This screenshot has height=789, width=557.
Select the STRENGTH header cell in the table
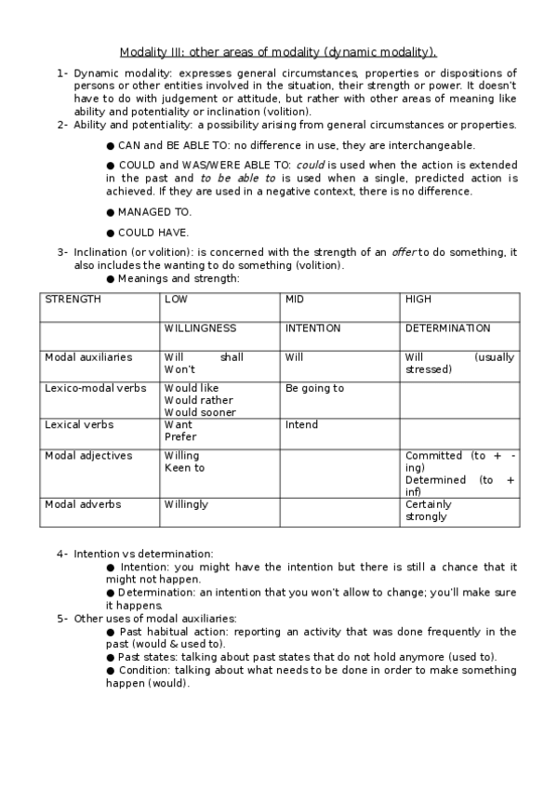73,300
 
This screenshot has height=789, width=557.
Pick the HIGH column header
418,300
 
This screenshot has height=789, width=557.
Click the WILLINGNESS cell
200,328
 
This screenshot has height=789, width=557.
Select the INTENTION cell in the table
312,328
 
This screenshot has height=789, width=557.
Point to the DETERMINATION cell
447,328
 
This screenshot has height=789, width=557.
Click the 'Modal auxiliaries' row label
88,357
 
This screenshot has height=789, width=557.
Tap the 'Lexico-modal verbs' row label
96,388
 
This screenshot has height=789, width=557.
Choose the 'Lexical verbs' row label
79,424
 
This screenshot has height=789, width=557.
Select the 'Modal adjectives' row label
88,456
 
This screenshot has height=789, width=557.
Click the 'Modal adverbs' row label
83,504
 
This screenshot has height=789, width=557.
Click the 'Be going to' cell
314,388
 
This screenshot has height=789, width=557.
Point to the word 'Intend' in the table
301,424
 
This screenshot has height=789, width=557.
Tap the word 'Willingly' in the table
186,504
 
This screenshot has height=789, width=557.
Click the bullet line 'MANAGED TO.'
154,212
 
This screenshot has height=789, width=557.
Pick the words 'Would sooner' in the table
200,412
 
